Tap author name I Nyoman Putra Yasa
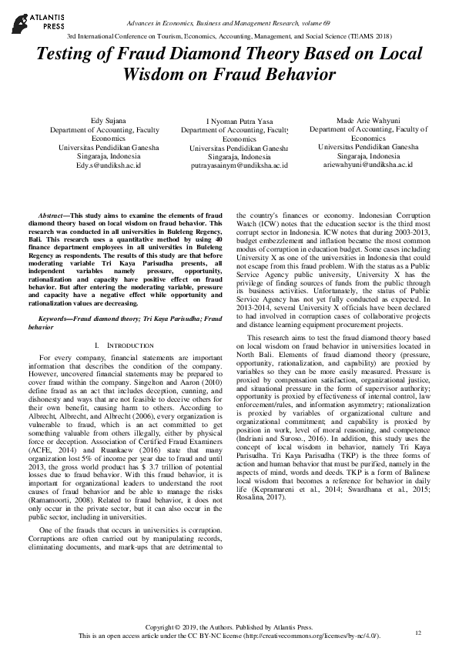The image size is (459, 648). [234, 122]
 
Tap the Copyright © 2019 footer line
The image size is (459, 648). [229, 628]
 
